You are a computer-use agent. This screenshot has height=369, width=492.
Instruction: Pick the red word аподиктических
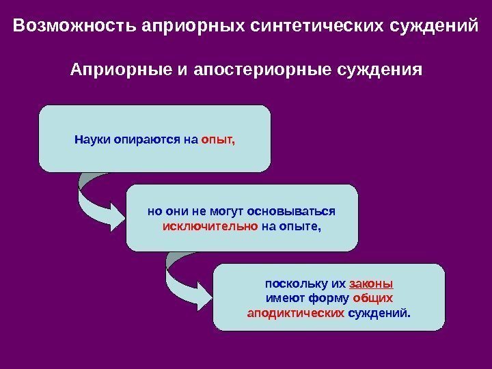pos(295,313)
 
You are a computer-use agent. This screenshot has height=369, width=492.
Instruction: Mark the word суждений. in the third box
pos(380,313)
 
